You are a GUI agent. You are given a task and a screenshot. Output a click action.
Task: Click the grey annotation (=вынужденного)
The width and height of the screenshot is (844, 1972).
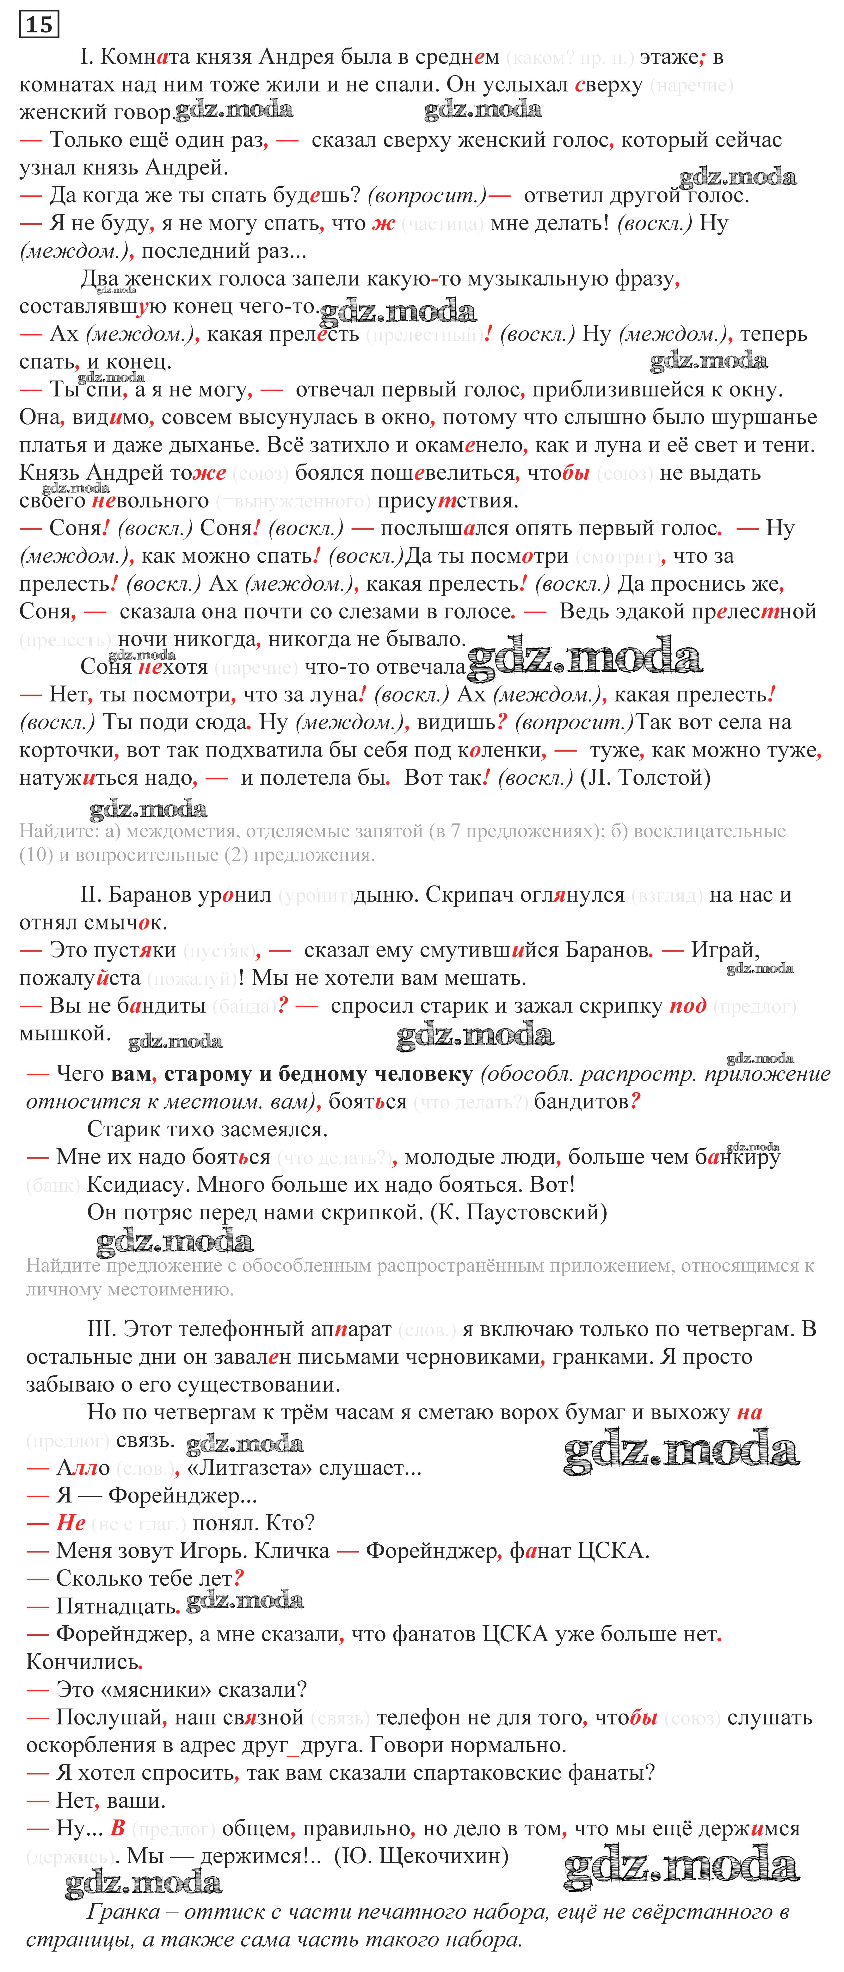(293, 502)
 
